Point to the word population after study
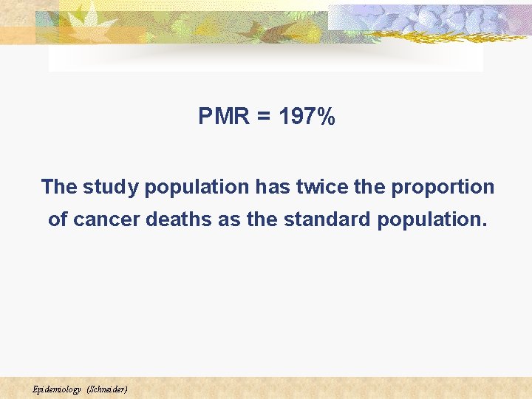197,187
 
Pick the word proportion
443,187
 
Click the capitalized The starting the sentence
59,187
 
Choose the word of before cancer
58,219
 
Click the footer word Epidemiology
56,389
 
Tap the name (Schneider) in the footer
107,389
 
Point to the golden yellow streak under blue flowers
436,33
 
